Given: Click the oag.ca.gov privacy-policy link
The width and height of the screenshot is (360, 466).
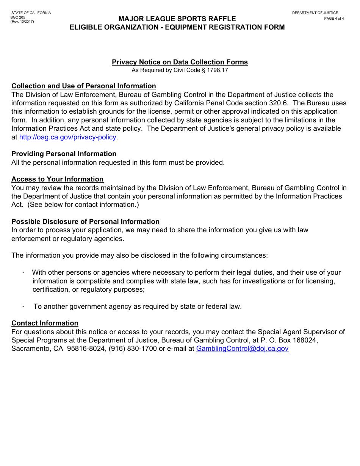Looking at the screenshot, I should click(67, 137).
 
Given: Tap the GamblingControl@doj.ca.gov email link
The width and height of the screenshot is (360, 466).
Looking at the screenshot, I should click(242, 349).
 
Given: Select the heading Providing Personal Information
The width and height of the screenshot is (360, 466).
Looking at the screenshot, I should click(64, 154).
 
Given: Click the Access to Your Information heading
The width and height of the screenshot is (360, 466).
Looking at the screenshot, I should click(57, 179).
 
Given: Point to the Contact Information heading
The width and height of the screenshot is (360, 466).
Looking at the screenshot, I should click(45, 323).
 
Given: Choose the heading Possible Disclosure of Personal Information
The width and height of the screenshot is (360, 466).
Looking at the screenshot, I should click(85, 222).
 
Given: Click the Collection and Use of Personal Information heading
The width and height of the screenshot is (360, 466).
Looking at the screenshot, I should click(83, 86).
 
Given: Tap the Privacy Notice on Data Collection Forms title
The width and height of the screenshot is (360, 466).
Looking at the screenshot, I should click(180, 62).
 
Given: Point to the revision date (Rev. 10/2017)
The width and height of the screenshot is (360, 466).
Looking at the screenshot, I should click(22, 22).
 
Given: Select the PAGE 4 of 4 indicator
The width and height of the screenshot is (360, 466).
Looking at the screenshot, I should click(334, 19).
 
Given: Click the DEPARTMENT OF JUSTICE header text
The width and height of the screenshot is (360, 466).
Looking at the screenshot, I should click(315, 13).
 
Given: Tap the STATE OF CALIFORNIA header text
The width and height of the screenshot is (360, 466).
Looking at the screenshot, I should click(31, 13).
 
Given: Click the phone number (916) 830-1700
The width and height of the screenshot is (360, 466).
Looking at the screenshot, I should click(133, 349).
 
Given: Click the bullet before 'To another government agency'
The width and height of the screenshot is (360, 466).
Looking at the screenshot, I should click(23, 306).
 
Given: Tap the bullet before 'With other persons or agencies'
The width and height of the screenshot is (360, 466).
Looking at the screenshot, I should click(23, 272).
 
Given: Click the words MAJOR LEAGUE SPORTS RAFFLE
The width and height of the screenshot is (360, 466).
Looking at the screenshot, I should click(177, 19).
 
